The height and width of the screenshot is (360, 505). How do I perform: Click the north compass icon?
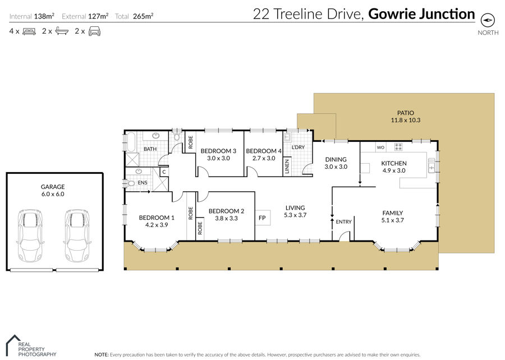(x=488, y=20)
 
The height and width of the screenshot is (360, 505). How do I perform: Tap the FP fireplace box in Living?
(x=263, y=218)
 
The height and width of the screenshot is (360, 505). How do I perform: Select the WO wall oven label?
(x=380, y=147)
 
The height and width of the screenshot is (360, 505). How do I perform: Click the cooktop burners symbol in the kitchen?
(x=398, y=147)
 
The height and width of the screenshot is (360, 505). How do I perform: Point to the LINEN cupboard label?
(x=287, y=167)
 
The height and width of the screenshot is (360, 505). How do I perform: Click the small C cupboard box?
(x=164, y=172)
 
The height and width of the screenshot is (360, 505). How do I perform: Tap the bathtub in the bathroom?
(x=131, y=142)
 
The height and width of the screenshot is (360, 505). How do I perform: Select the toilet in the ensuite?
(x=130, y=183)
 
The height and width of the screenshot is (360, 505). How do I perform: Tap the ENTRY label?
(x=343, y=221)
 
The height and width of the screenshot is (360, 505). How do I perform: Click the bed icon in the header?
(x=29, y=31)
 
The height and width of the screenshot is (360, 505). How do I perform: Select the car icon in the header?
(x=94, y=31)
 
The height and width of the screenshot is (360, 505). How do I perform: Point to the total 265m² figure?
(x=143, y=16)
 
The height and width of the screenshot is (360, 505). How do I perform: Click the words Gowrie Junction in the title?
(x=421, y=14)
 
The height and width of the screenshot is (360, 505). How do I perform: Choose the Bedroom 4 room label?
(x=264, y=151)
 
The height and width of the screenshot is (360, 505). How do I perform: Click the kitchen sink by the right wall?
(x=431, y=165)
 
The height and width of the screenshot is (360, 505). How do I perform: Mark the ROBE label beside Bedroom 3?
(x=191, y=142)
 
